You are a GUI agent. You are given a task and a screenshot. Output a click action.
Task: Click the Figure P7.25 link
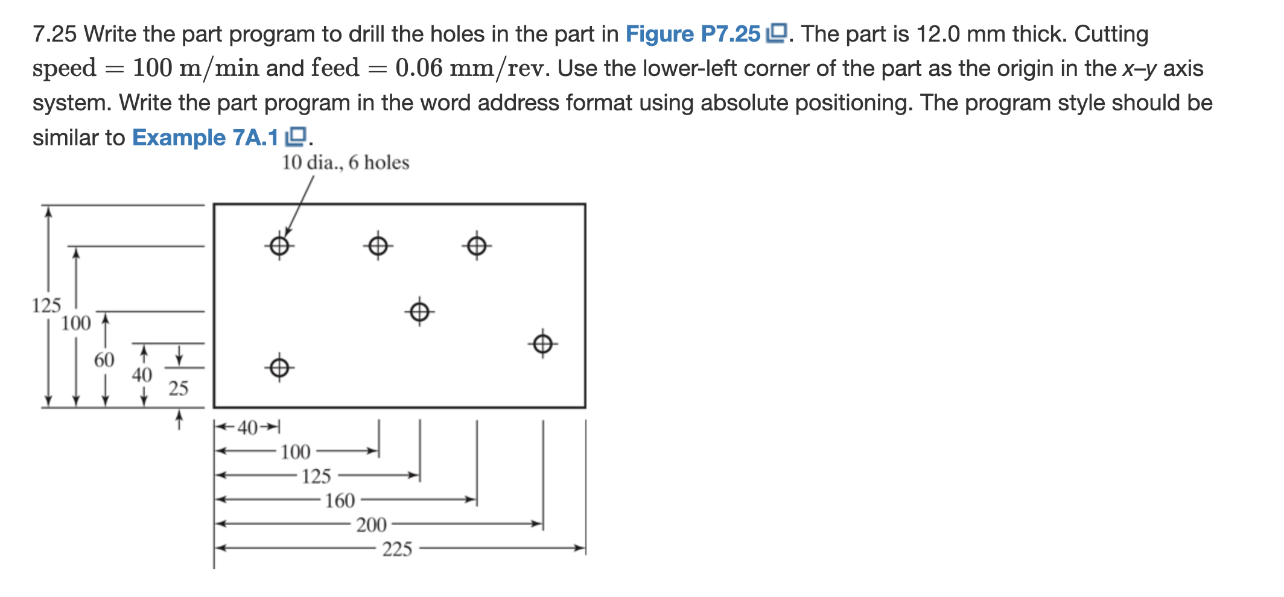click(x=693, y=34)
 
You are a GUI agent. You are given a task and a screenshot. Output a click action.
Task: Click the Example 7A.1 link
click(x=205, y=137)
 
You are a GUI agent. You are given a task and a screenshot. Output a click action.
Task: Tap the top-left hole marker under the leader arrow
click(x=279, y=245)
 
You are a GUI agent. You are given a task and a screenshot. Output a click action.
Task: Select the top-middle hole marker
click(x=378, y=245)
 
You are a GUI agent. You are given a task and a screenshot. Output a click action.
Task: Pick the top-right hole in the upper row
click(x=477, y=245)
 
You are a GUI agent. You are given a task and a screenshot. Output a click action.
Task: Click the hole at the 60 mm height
click(x=419, y=312)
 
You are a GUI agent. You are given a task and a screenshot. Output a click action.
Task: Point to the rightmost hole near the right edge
click(x=542, y=344)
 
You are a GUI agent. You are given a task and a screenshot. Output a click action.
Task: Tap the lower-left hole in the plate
click(x=279, y=367)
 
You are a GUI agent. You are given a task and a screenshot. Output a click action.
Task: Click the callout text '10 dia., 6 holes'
click(x=345, y=162)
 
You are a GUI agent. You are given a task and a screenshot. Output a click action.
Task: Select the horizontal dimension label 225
click(x=397, y=549)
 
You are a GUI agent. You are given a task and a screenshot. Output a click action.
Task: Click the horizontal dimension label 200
click(x=371, y=525)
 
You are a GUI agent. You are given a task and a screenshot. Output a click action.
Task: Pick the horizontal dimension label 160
click(x=340, y=501)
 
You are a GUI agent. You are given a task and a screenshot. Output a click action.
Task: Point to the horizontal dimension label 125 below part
click(x=316, y=476)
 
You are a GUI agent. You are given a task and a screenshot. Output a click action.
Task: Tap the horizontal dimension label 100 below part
click(x=295, y=452)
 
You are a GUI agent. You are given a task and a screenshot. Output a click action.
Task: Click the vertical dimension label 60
click(x=104, y=360)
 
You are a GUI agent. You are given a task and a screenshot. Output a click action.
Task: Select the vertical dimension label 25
click(x=178, y=388)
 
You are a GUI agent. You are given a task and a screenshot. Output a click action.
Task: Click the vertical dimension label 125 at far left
click(x=46, y=305)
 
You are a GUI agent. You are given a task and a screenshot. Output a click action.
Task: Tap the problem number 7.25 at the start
click(x=54, y=34)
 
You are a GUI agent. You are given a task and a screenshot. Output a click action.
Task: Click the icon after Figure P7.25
click(x=777, y=33)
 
